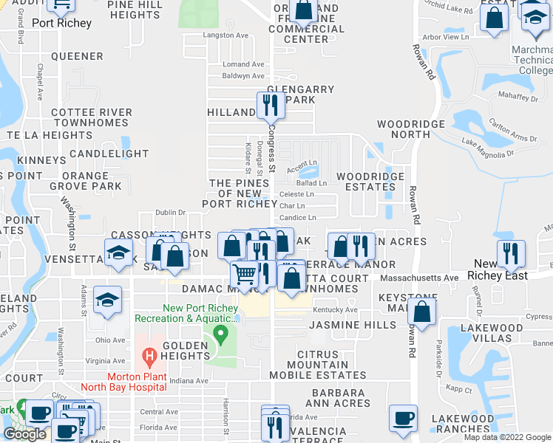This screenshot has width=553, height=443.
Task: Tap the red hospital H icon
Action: tap(150, 359)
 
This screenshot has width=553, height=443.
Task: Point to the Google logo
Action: tap(24, 434)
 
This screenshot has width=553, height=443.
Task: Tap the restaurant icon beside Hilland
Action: tap(271, 107)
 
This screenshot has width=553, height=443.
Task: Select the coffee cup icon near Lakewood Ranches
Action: tap(403, 419)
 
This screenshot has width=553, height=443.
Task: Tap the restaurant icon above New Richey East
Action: tap(510, 253)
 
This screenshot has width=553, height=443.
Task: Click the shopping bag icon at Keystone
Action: tap(421, 311)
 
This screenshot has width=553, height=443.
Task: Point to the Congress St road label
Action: tap(271, 148)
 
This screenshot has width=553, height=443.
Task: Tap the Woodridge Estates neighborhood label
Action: tap(370, 182)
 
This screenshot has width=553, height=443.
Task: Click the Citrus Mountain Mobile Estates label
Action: tap(322, 365)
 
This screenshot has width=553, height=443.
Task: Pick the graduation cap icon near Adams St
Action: tap(108, 300)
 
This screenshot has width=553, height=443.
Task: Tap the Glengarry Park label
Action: tap(300, 95)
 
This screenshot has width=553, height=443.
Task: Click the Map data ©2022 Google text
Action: tap(506, 437)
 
